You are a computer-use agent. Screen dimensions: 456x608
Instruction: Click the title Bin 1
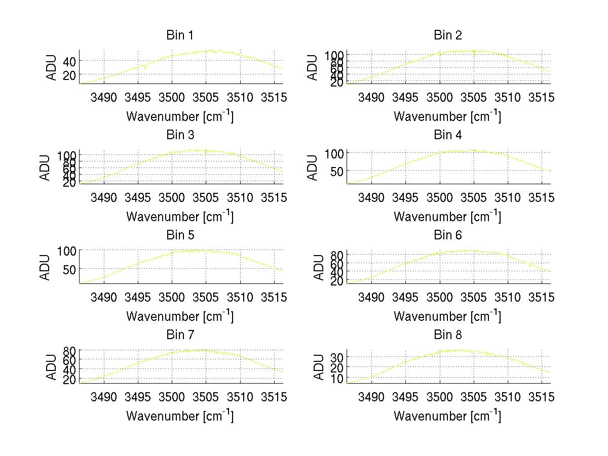coord(180,35)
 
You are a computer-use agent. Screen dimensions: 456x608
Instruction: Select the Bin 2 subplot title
coord(448,35)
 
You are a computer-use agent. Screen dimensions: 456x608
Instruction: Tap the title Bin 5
coord(180,235)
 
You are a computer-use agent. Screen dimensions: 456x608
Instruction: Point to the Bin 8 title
coord(448,335)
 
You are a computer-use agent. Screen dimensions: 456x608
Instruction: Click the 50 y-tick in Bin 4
coord(337,171)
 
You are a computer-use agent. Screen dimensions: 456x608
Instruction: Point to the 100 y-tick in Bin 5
coord(67,251)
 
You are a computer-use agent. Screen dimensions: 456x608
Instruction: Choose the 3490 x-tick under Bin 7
coord(104,397)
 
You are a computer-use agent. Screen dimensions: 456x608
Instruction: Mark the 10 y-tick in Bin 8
coord(337,378)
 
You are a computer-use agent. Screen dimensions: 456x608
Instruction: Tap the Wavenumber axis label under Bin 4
coord(447,216)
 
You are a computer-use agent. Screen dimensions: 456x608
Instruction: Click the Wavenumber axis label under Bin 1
coord(180,116)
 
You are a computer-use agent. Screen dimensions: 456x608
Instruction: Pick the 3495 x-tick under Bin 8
coord(405,397)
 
